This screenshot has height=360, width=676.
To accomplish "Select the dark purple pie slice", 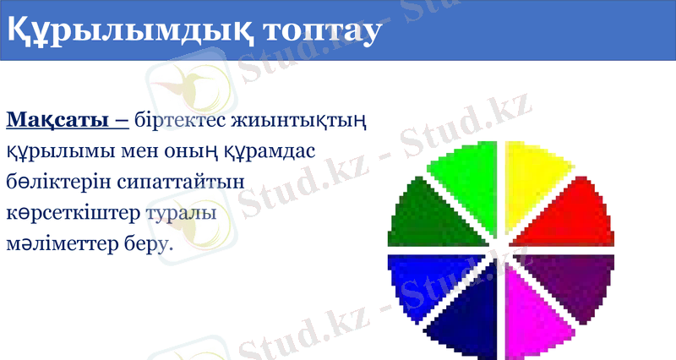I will pyautogui.click(x=574, y=280).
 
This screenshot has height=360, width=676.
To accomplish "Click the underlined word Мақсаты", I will pyautogui.click(x=58, y=121).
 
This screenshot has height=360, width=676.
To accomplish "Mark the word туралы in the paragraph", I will pyautogui.click(x=181, y=213).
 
